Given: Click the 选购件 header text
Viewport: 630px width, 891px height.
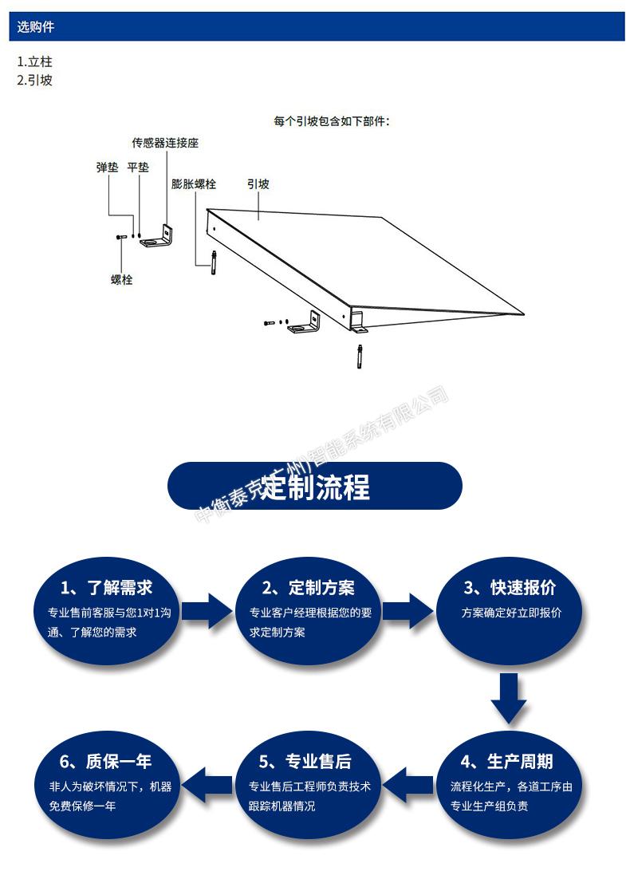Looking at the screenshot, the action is [35, 26].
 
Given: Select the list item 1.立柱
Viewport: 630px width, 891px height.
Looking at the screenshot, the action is [34, 61].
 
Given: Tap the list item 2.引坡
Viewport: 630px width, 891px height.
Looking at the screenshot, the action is [34, 80].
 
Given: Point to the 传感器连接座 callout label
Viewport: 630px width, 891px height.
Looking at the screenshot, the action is [165, 143].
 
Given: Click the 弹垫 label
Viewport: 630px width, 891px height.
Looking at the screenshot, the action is [107, 167].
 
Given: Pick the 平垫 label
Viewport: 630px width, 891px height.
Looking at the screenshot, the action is [138, 167].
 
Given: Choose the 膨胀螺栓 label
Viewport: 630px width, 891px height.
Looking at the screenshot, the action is [194, 184].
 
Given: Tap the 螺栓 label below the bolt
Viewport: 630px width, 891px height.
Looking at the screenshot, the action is [121, 279].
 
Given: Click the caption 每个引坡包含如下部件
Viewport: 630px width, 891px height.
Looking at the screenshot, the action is [332, 121].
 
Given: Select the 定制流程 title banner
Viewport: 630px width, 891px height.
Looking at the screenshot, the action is [315, 486].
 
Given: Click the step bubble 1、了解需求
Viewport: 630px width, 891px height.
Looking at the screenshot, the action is [108, 610].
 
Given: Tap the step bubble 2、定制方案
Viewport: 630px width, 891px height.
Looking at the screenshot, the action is [309, 610].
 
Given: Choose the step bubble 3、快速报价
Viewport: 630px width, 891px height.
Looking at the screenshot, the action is [509, 610].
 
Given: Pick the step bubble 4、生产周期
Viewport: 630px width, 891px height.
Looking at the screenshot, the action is [509, 784].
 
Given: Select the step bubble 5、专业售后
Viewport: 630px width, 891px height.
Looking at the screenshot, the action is [309, 784].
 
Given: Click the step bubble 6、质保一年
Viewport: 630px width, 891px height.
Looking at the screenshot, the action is [108, 784].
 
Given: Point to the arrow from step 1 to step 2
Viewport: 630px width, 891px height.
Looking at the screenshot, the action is [207, 611].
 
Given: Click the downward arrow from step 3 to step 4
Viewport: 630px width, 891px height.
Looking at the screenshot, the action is [509, 699].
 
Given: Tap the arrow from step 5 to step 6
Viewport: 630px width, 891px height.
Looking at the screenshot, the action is [207, 785].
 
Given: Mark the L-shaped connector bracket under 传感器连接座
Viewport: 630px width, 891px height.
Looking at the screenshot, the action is [157, 238].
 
